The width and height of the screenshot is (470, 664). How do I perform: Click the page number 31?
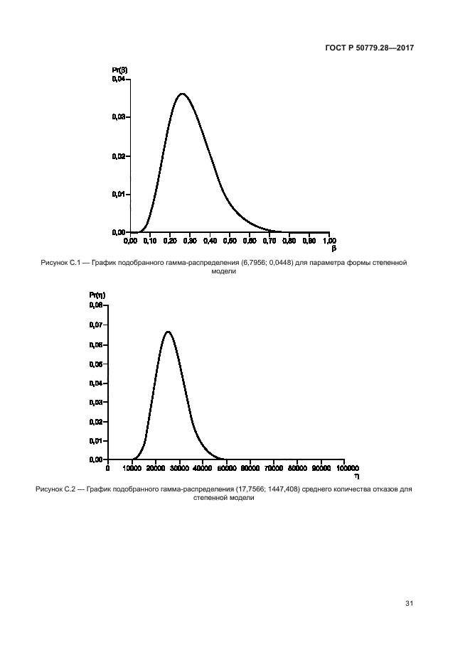[x=409, y=604]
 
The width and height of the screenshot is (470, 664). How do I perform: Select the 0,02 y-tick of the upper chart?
[x=119, y=156]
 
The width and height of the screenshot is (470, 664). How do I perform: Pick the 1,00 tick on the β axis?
[x=329, y=241]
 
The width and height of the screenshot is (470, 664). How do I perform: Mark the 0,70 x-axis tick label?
[x=270, y=241]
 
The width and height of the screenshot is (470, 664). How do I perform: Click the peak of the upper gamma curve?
[x=183, y=94]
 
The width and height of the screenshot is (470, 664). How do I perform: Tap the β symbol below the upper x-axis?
[x=333, y=249]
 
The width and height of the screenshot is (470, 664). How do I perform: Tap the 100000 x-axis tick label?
[x=346, y=468]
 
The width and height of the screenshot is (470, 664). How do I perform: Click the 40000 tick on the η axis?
[x=203, y=468]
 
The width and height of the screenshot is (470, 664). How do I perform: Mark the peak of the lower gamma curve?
[x=167, y=332]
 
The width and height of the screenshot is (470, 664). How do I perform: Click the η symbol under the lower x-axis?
[x=346, y=477]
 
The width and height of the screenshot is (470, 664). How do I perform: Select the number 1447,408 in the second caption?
[x=267, y=489]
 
